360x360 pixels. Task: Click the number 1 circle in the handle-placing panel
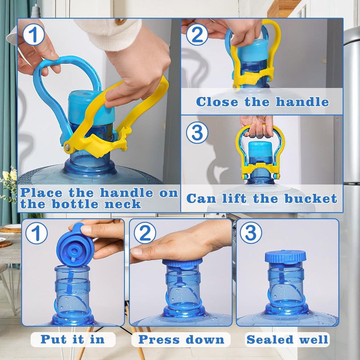click(x=33, y=36)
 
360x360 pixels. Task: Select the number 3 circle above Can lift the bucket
click(x=197, y=133)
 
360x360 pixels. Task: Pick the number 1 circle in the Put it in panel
click(x=36, y=233)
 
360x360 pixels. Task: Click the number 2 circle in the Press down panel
click(x=145, y=233)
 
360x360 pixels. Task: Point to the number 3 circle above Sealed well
click(x=251, y=233)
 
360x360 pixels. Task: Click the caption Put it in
click(x=73, y=339)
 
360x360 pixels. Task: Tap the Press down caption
click(x=181, y=339)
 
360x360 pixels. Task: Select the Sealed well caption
click(x=287, y=339)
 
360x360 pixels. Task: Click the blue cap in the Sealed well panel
click(x=285, y=256)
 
